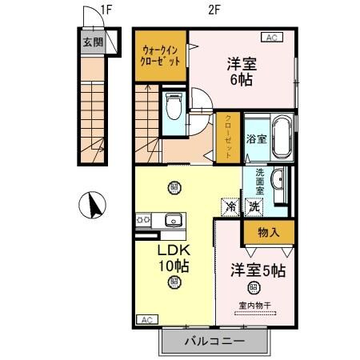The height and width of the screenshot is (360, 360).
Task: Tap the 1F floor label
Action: coord(105,10)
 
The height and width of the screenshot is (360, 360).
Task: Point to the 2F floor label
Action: coord(214,10)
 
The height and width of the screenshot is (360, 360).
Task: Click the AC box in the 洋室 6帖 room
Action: coord(272,36)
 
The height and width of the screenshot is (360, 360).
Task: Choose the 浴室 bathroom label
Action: coord(256,138)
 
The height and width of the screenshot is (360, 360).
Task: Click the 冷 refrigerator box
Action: coord(230,207)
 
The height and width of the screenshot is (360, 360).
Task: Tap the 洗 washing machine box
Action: coord(254,207)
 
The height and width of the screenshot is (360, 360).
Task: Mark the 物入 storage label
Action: coord(268,232)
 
